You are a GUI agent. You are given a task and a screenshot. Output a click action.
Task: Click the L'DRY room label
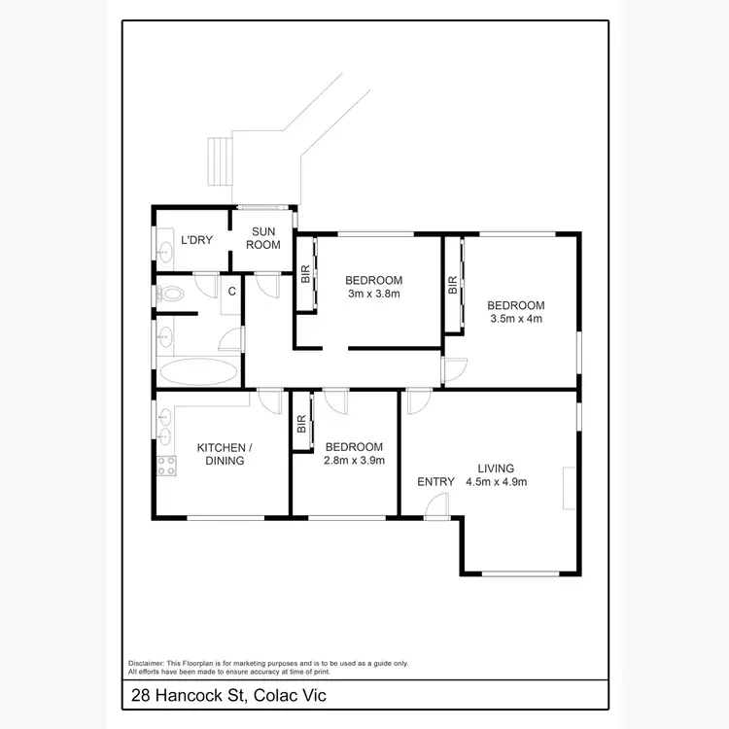(196, 240)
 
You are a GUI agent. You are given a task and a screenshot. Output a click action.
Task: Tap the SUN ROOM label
(265, 238)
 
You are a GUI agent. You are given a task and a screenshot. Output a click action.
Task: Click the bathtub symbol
(197, 371)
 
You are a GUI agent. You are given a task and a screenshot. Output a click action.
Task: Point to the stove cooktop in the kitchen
(166, 466)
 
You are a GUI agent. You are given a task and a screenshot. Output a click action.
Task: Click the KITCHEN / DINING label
(225, 454)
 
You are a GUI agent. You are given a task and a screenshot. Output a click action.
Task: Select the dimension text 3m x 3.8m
(373, 293)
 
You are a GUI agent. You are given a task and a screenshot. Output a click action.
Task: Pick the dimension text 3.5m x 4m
(515, 318)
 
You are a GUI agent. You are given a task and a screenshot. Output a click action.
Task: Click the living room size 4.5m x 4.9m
(496, 481)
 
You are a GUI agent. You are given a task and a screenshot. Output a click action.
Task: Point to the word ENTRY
(435, 481)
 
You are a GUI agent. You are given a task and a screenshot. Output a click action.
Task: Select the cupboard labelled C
(232, 292)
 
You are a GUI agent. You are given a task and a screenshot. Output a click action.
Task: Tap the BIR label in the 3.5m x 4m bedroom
(453, 286)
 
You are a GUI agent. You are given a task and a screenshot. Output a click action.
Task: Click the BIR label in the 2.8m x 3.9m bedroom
(301, 424)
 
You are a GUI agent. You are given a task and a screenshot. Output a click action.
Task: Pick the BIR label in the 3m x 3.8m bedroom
(305, 274)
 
